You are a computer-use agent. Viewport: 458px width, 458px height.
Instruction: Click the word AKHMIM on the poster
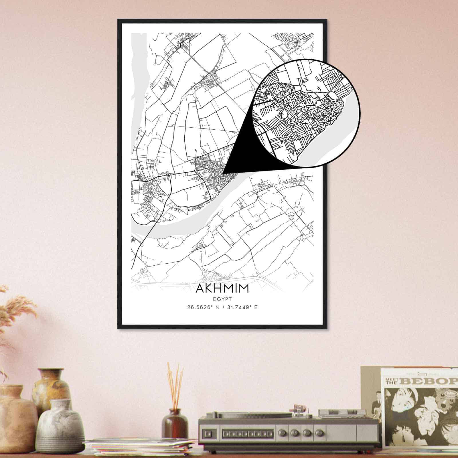[222, 289]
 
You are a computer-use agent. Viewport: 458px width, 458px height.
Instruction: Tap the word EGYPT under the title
[222, 299]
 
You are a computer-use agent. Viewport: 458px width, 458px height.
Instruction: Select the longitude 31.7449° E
[242, 308]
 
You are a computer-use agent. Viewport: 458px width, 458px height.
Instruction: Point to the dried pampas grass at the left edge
[14, 309]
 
